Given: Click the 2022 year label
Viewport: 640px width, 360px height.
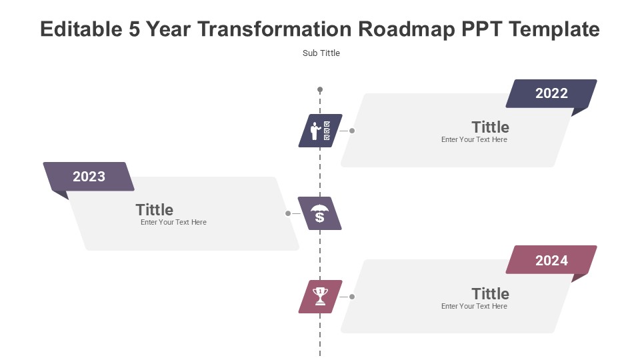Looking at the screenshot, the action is [x=551, y=93].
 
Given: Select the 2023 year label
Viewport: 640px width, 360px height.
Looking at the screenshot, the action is [x=89, y=176].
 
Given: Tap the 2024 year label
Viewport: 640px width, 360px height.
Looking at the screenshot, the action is [x=551, y=261].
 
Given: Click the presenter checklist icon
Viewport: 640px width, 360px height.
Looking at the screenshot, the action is [x=321, y=131].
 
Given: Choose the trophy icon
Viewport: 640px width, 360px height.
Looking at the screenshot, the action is [x=320, y=296].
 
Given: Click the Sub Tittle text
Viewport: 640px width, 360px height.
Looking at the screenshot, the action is [x=321, y=53].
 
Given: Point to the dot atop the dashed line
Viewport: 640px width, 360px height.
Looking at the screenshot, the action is [x=320, y=89].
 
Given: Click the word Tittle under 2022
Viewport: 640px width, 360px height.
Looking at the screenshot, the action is [x=490, y=127].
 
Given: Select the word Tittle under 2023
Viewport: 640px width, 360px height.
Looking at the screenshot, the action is [x=154, y=210].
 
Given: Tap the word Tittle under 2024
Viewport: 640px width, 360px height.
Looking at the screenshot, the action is [x=490, y=293].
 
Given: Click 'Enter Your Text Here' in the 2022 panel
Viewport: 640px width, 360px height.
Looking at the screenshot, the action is [x=474, y=139].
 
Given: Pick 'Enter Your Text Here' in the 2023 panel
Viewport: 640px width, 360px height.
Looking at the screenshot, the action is [x=173, y=222].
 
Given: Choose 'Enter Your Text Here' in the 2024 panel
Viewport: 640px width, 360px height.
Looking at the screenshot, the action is [x=474, y=306].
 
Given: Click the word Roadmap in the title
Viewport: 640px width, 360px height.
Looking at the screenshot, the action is [x=407, y=29].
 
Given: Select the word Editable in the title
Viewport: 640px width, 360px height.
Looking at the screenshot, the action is [x=81, y=29].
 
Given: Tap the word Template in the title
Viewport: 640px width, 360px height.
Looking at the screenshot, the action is [x=554, y=29].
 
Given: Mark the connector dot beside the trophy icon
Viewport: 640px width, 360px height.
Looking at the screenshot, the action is [x=352, y=297].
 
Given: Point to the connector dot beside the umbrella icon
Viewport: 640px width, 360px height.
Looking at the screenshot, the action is [x=288, y=213].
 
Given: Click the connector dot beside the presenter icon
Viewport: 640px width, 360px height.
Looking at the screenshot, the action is [x=352, y=131].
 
